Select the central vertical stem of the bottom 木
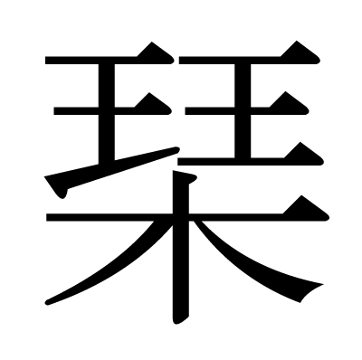point(181,271)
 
